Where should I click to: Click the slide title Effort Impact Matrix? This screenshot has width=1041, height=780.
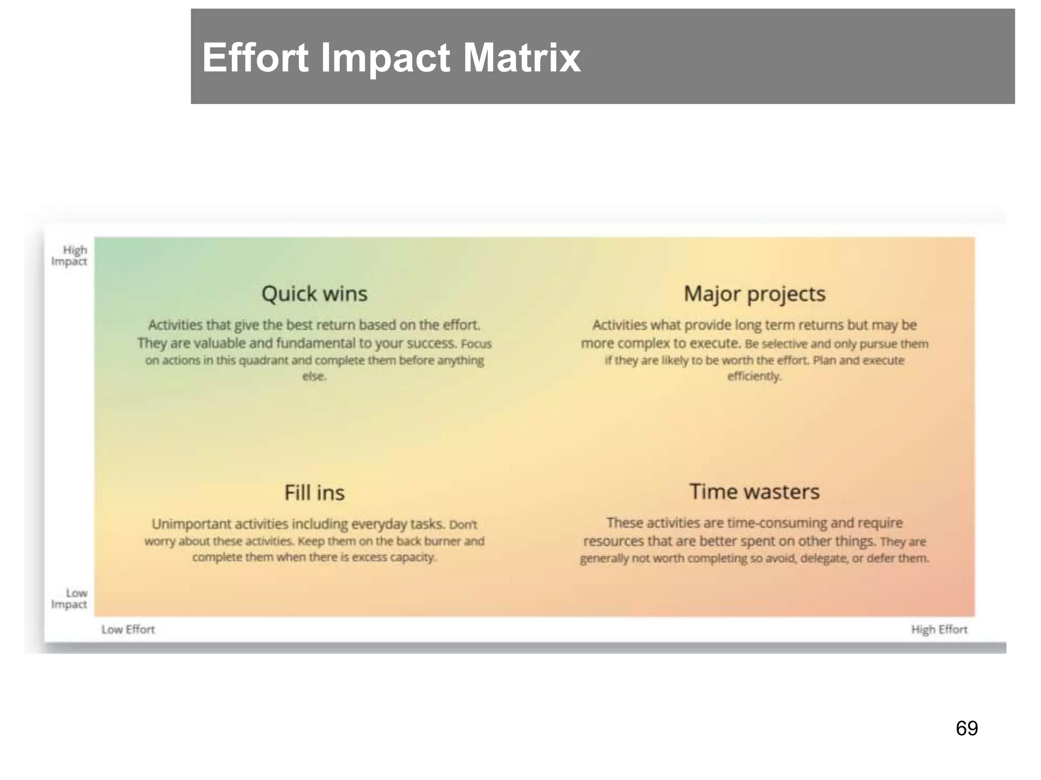(x=391, y=57)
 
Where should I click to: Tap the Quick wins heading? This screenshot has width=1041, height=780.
(x=314, y=294)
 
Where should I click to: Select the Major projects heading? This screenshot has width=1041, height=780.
(x=754, y=294)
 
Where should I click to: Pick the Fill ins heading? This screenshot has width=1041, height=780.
(x=314, y=493)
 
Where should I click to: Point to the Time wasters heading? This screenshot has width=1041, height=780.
(x=754, y=492)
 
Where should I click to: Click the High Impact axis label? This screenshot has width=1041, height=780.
(x=70, y=255)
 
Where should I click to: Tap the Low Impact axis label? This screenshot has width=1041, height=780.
(x=70, y=599)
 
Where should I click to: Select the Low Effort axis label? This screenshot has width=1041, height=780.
(x=128, y=630)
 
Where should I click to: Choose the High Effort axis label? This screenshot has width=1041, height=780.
(x=939, y=630)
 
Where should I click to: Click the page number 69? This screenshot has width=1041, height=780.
(x=967, y=728)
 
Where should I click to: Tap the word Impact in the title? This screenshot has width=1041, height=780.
(x=385, y=57)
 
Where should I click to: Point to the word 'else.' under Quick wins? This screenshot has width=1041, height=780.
(x=314, y=376)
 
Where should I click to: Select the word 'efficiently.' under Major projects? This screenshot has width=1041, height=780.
(x=754, y=376)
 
